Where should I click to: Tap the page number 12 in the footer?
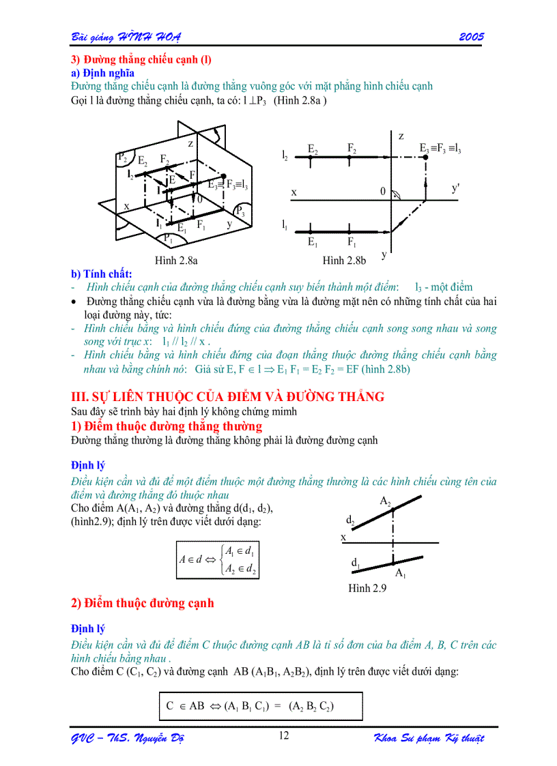(x=285, y=735)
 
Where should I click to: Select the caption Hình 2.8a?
(x=176, y=260)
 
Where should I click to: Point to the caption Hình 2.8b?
(x=344, y=260)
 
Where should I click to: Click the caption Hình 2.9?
(x=367, y=587)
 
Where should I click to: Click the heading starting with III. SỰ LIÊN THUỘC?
(x=228, y=396)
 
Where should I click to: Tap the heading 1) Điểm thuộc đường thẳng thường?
(x=167, y=426)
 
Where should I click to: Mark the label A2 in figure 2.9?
(x=386, y=501)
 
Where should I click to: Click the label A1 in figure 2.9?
(x=401, y=573)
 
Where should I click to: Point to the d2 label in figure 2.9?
(x=350, y=520)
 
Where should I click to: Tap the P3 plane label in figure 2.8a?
(x=241, y=209)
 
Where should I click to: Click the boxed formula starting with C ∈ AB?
(x=250, y=707)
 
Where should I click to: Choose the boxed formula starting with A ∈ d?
(x=218, y=559)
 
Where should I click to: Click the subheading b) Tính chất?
(x=102, y=274)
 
